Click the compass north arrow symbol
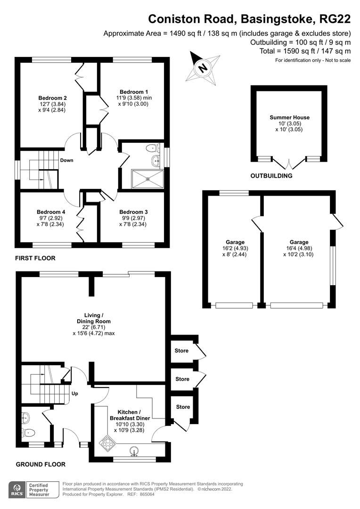pos(203,68)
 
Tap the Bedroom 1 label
pos(133,92)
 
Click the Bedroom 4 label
pos(50,212)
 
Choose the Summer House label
pos(289,117)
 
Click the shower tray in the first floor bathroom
pos(148,178)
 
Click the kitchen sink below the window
pos(135,453)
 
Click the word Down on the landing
pos(66,160)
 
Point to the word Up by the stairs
pos(74,394)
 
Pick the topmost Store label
pos(182,351)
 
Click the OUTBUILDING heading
pos(271,176)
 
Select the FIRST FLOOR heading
pos(35,258)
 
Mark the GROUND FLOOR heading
pos(41,464)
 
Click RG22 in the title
pos(335,19)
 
